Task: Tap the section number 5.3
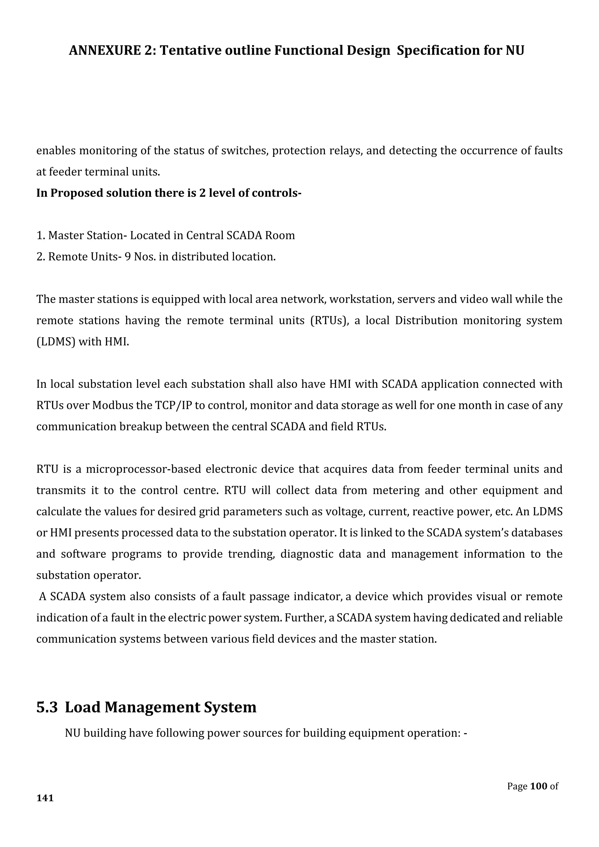click(x=47, y=707)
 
